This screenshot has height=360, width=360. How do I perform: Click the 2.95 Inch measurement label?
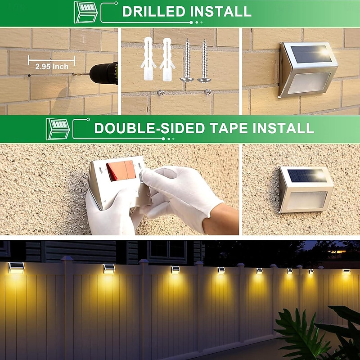tap(52, 67)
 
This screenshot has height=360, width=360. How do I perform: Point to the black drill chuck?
tap(104, 73)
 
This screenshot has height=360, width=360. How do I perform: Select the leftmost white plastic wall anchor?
tap(148, 59)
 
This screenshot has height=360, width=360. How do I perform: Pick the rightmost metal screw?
tap(204, 61)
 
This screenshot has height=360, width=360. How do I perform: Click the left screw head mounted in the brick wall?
tap(161, 93)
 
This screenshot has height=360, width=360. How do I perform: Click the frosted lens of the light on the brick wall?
tap(309, 83)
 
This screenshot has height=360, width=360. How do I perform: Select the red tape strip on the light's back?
tap(121, 170)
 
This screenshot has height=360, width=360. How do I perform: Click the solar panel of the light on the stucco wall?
tap(307, 175)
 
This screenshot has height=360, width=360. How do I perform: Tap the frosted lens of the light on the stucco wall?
tap(306, 200)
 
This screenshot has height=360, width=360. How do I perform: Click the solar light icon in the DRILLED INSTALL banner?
tap(85, 13)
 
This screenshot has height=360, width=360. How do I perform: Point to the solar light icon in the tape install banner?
tap(58, 129)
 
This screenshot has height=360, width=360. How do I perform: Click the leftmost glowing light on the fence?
tap(17, 268)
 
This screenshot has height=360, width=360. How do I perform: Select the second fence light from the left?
tap(109, 269)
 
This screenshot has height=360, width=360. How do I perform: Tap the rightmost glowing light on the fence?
tap(346, 272)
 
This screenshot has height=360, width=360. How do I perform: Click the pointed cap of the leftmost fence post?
tap(67, 258)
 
